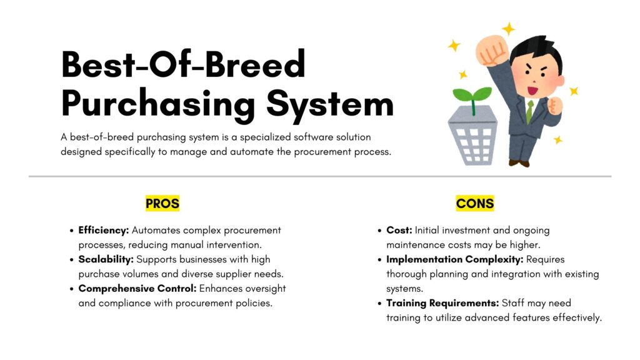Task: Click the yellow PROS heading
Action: coord(162,203)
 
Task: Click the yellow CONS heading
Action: coord(475,203)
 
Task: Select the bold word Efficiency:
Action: coord(104,230)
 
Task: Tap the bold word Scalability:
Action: coord(106,259)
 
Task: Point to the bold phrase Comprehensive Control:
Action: coord(137,289)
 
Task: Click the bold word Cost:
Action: coord(399,230)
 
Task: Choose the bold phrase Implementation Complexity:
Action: coord(455,259)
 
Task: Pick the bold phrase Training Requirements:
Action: coord(442,303)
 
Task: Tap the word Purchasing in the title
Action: coord(158,104)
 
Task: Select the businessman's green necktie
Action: coord(529,111)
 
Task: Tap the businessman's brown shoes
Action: coord(519,163)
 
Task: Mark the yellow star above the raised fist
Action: coord(509,29)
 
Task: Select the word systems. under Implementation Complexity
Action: coord(404,289)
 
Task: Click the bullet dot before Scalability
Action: coord(71,260)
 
